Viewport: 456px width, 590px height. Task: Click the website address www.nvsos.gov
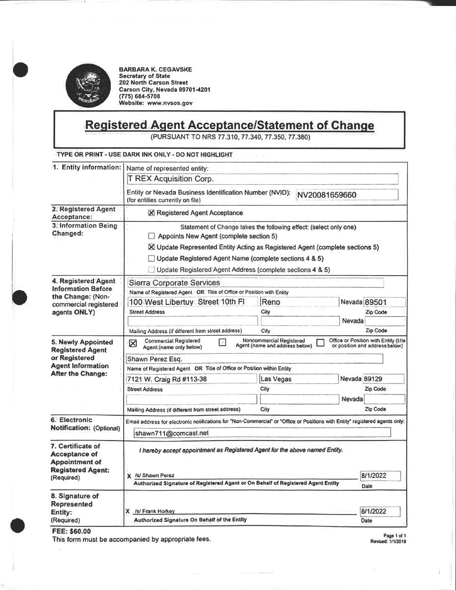click(x=170, y=103)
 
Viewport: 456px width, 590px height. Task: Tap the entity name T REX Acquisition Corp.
click(x=171, y=179)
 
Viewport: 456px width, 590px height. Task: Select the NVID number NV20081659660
click(x=327, y=195)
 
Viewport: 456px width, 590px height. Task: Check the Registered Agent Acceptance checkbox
click(x=152, y=213)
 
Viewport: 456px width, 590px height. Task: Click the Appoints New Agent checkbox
click(x=152, y=236)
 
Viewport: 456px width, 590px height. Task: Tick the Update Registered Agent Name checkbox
click(x=152, y=258)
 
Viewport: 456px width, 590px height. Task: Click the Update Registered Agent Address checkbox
click(x=152, y=270)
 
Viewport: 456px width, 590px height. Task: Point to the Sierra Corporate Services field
click(x=174, y=283)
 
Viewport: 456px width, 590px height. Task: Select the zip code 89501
click(x=376, y=302)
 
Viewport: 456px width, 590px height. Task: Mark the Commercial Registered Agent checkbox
click(x=133, y=343)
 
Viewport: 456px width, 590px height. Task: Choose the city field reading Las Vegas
click(x=276, y=379)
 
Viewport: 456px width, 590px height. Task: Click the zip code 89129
click(x=376, y=379)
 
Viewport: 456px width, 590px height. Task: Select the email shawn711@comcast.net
click(x=172, y=433)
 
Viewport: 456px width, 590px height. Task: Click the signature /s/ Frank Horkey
click(x=155, y=511)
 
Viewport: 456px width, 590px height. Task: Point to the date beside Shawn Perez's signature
click(x=374, y=476)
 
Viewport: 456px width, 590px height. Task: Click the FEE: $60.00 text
click(x=72, y=531)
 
